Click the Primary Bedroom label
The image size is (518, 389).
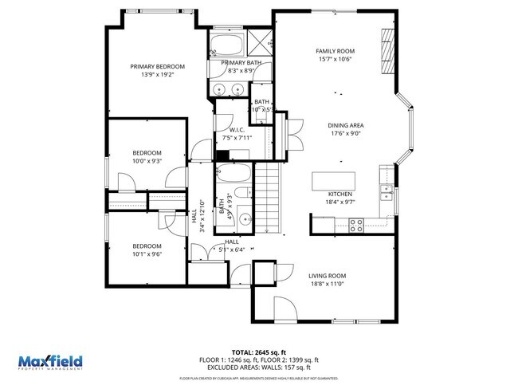157,66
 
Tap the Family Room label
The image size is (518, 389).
335,51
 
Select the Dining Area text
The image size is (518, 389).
346,125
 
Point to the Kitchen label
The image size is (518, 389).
340,194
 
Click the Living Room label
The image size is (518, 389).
327,276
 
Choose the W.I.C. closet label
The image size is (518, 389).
236,130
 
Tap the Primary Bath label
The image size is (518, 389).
241,62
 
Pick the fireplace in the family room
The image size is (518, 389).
388,53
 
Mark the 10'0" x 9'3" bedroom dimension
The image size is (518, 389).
147,161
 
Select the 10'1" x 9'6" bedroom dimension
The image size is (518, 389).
147,255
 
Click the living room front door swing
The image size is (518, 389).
283,307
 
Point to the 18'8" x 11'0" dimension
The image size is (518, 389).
326,284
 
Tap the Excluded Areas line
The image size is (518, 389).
259,367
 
